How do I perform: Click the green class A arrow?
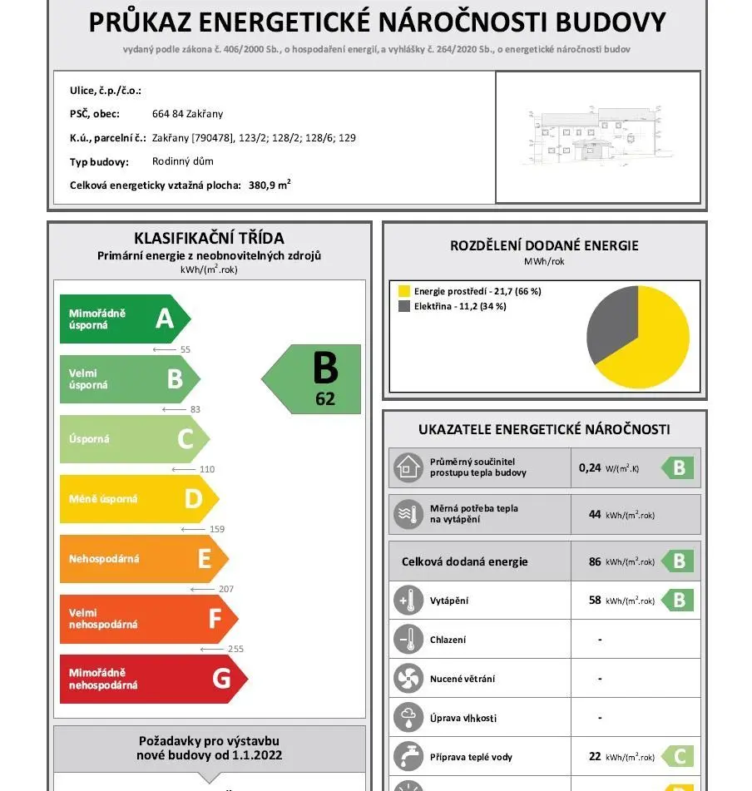(x=125, y=319)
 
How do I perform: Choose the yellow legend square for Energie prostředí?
(x=404, y=291)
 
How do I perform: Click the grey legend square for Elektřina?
(x=404, y=306)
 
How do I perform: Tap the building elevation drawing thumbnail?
(x=598, y=136)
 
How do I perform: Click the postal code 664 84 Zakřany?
(x=187, y=114)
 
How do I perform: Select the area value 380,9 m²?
(x=270, y=185)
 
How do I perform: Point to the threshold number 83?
(x=195, y=409)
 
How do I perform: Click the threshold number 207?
(x=225, y=589)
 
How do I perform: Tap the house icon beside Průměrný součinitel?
(x=408, y=467)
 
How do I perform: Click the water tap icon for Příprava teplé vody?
(x=408, y=757)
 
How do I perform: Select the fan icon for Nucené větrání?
(x=408, y=679)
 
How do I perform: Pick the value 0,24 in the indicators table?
(x=590, y=467)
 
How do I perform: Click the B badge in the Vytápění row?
(x=678, y=600)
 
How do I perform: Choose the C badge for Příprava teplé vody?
(x=678, y=757)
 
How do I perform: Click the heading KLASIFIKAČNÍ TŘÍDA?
(x=209, y=239)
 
